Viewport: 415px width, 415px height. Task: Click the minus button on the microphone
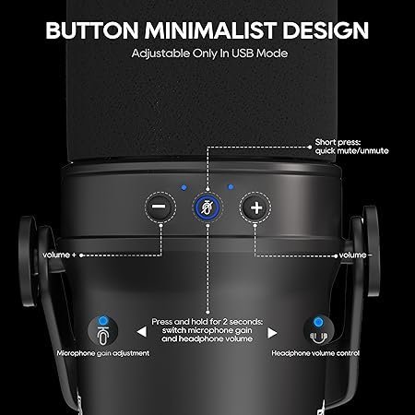pyautogui.click(x=160, y=207)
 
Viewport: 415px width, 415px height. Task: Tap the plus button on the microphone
pyautogui.click(x=255, y=207)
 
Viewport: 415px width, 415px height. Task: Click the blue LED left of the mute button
pyautogui.click(x=184, y=187)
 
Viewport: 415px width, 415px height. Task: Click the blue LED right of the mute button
pyautogui.click(x=231, y=187)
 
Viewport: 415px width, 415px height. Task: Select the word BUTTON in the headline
pyautogui.click(x=92, y=30)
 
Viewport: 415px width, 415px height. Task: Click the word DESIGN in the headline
pyautogui.click(x=326, y=30)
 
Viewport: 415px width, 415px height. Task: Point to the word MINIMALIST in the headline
pyautogui.click(x=210, y=30)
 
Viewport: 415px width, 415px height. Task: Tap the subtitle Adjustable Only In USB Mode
pyautogui.click(x=209, y=53)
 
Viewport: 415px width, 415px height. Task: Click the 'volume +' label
pyautogui.click(x=59, y=255)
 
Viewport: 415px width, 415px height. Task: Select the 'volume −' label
pyautogui.click(x=356, y=255)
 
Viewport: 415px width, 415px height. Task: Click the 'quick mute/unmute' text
pyautogui.click(x=351, y=151)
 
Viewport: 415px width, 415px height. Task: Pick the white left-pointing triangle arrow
pyautogui.click(x=142, y=332)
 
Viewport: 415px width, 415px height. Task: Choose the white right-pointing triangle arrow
pyautogui.click(x=272, y=333)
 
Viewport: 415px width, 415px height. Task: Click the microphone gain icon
pyautogui.click(x=103, y=331)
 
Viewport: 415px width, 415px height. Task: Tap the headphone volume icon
pyautogui.click(x=318, y=331)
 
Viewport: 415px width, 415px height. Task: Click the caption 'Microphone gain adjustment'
pyautogui.click(x=103, y=353)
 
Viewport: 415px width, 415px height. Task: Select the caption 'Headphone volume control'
pyautogui.click(x=315, y=353)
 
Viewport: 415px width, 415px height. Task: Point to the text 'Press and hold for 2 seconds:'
pyautogui.click(x=207, y=322)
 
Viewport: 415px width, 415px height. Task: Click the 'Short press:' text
pyautogui.click(x=338, y=142)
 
